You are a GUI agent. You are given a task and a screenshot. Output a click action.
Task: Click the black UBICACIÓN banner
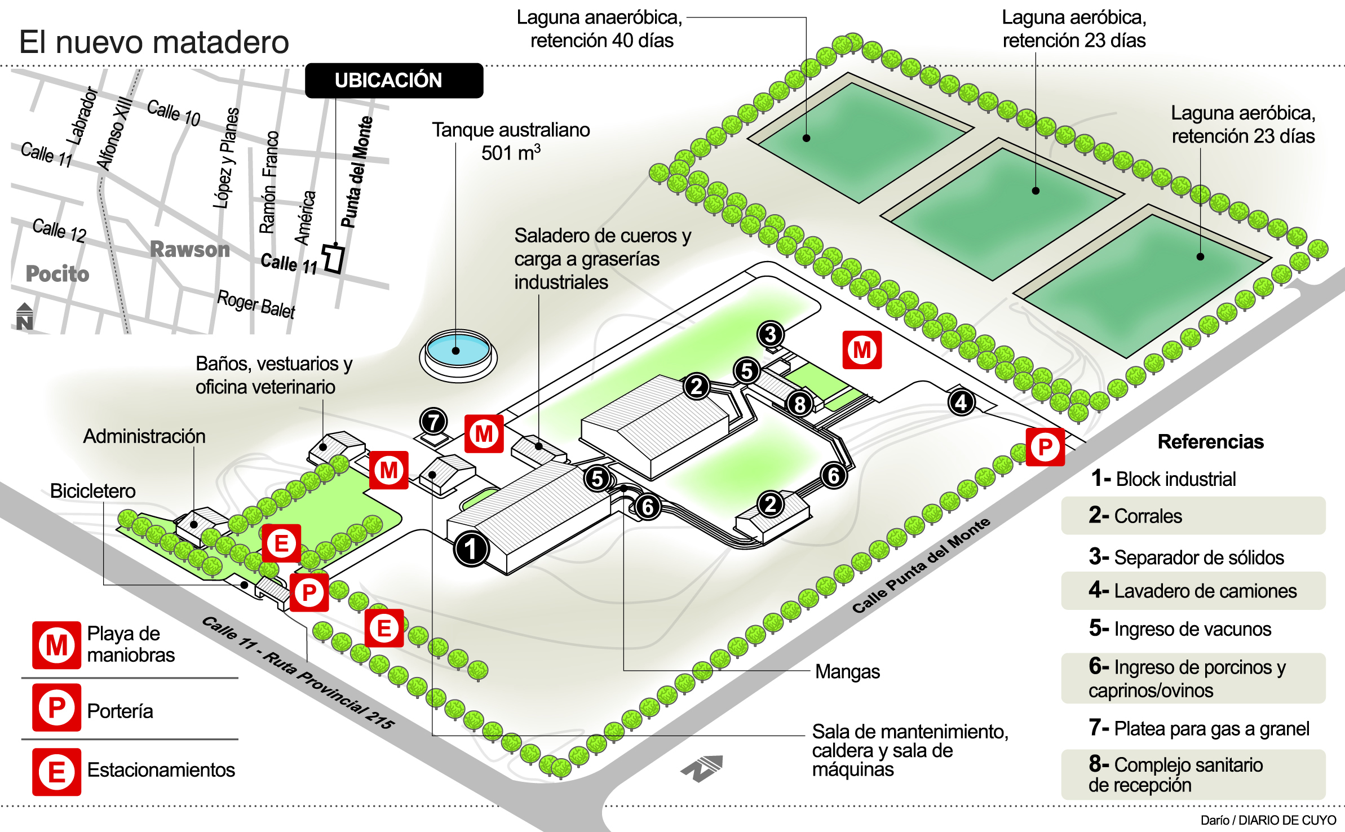coord(394,81)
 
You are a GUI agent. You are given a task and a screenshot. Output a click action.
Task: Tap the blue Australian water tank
coord(457,349)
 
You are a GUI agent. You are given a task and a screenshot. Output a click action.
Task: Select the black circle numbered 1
coord(471,548)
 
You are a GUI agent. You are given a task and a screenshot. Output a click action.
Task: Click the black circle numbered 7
coord(433,421)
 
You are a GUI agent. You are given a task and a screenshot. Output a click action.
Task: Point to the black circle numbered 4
coord(961,402)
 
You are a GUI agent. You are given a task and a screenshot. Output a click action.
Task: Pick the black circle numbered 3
coord(770,334)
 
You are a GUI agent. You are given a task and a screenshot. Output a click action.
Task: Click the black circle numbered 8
coord(799,404)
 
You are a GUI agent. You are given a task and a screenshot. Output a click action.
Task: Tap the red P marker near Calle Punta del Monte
coord(1045,447)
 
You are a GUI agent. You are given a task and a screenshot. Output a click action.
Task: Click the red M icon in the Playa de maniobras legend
coord(56,645)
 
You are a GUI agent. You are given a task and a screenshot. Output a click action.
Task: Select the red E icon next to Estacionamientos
coord(56,772)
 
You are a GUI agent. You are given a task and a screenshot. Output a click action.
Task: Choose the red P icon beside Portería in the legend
coord(56,707)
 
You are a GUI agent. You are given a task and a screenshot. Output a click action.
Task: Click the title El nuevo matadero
coord(154,42)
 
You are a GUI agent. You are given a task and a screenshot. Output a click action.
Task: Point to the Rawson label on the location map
coord(190,249)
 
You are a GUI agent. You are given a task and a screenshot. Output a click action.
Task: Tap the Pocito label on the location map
coord(57,274)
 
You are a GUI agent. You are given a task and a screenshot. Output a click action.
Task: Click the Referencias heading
coord(1210,441)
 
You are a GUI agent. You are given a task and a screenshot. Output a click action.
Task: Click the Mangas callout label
coord(847,671)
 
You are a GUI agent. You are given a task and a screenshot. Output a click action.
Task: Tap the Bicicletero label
coord(93,491)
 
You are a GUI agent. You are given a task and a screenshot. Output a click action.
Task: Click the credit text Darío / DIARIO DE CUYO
coord(1268,820)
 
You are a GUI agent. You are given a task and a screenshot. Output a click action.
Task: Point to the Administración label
coord(144,436)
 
